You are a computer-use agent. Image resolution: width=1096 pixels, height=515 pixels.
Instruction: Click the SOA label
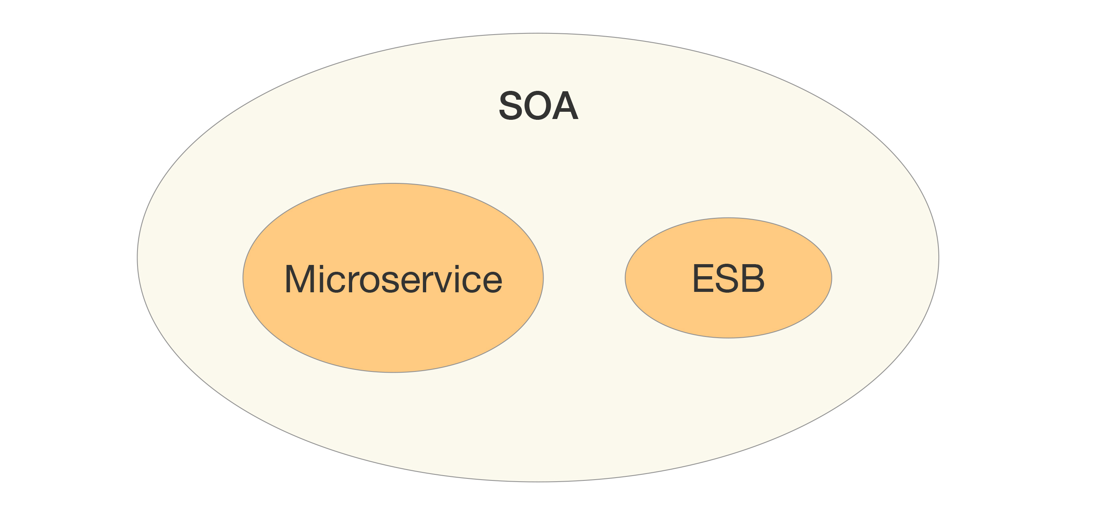(x=538, y=105)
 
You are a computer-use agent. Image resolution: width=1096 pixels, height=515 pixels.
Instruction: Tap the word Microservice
(x=393, y=279)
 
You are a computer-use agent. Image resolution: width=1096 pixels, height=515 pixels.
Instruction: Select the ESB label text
(x=728, y=278)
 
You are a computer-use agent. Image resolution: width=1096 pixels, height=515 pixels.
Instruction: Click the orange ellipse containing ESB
(x=728, y=315)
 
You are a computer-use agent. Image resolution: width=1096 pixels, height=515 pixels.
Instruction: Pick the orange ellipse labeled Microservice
(x=393, y=332)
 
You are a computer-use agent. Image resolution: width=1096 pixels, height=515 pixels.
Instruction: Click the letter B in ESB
(x=753, y=278)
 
